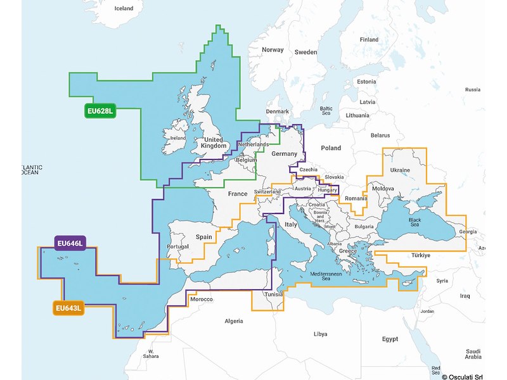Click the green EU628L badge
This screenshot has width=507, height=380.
point(99,112)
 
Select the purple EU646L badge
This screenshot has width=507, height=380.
point(70,244)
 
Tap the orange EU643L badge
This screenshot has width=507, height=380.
point(68,308)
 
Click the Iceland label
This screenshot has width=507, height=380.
point(123,8)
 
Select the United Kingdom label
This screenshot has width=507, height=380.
point(212,143)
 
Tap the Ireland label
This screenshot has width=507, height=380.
point(178,137)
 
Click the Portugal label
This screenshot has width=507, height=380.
point(177,246)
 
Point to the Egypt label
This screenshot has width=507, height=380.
point(390,339)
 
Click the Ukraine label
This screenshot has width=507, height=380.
point(399,170)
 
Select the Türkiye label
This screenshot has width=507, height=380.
point(421,255)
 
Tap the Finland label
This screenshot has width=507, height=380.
point(369,39)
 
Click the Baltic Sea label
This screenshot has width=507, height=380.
point(326,111)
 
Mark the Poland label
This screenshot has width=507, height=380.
point(330,148)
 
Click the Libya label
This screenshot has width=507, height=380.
point(321,334)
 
